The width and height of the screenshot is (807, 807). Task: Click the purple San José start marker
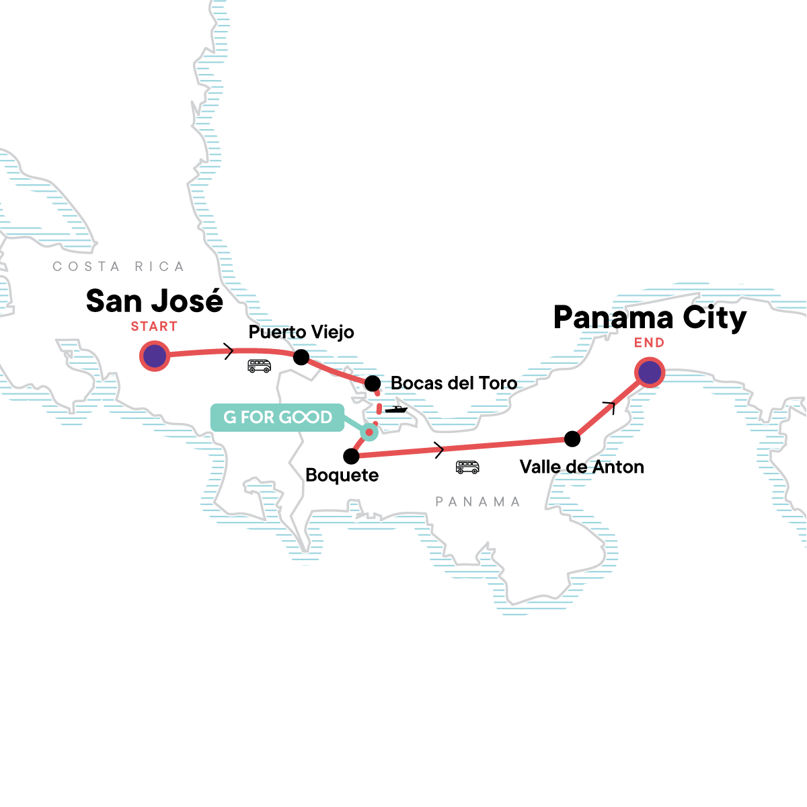[155, 356]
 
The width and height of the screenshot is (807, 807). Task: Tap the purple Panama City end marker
[650, 372]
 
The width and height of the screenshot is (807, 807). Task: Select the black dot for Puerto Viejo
[301, 357]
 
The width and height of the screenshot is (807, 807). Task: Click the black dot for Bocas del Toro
[373, 383]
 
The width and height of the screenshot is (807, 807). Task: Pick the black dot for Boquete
[351, 457]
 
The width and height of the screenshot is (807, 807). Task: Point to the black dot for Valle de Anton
[572, 439]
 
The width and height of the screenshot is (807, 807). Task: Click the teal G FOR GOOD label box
[277, 417]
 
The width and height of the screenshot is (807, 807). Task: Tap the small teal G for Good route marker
[369, 432]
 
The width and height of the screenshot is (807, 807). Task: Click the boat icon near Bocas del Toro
[396, 409]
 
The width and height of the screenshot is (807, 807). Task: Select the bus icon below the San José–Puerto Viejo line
[259, 366]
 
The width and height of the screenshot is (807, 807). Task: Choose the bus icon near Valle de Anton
[467, 467]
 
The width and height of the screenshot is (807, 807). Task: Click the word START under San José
[154, 327]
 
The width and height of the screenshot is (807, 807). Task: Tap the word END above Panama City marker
[649, 343]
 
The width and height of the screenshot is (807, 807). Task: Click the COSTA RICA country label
[118, 267]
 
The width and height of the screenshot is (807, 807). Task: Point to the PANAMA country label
[477, 502]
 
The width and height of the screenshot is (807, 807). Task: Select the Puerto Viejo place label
[301, 332]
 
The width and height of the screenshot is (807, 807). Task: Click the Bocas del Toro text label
[454, 383]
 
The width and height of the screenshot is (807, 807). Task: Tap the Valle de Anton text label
[582, 467]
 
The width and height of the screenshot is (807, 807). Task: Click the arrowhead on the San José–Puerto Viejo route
[229, 351]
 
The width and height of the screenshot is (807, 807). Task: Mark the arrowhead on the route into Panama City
[611, 404]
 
